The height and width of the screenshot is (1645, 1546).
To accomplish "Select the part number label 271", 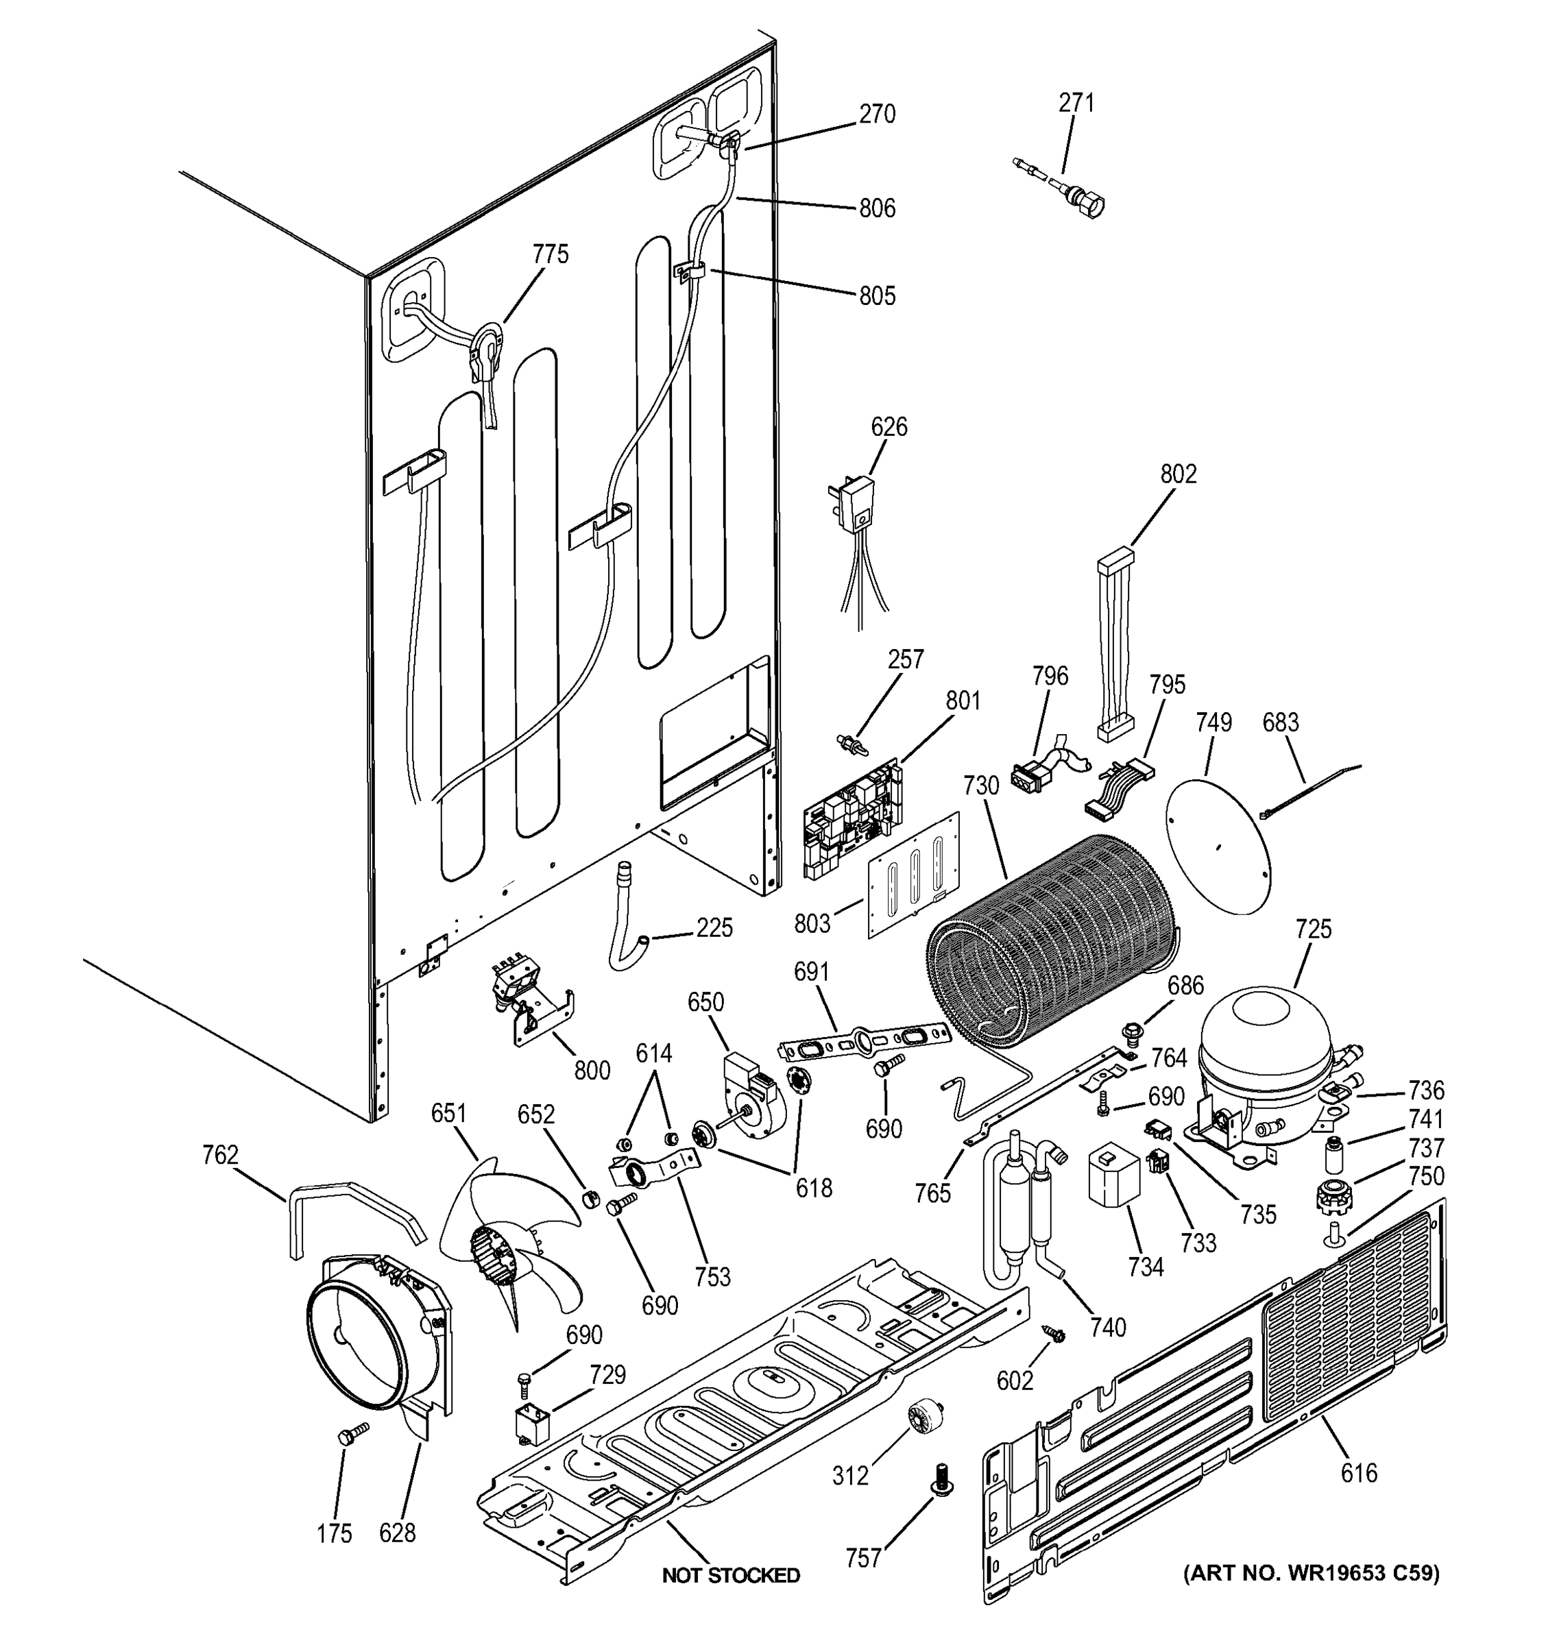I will pos(1076,103).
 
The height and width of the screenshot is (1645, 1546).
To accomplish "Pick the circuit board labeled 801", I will pos(852,819).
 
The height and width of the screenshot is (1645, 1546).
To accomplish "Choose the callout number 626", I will pos(888,427).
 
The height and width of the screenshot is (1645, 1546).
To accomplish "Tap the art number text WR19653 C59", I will pos(1312,1572).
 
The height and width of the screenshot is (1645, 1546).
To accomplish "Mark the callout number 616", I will pos(1359,1473).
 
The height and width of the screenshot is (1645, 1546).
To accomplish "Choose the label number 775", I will pos(551,254).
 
